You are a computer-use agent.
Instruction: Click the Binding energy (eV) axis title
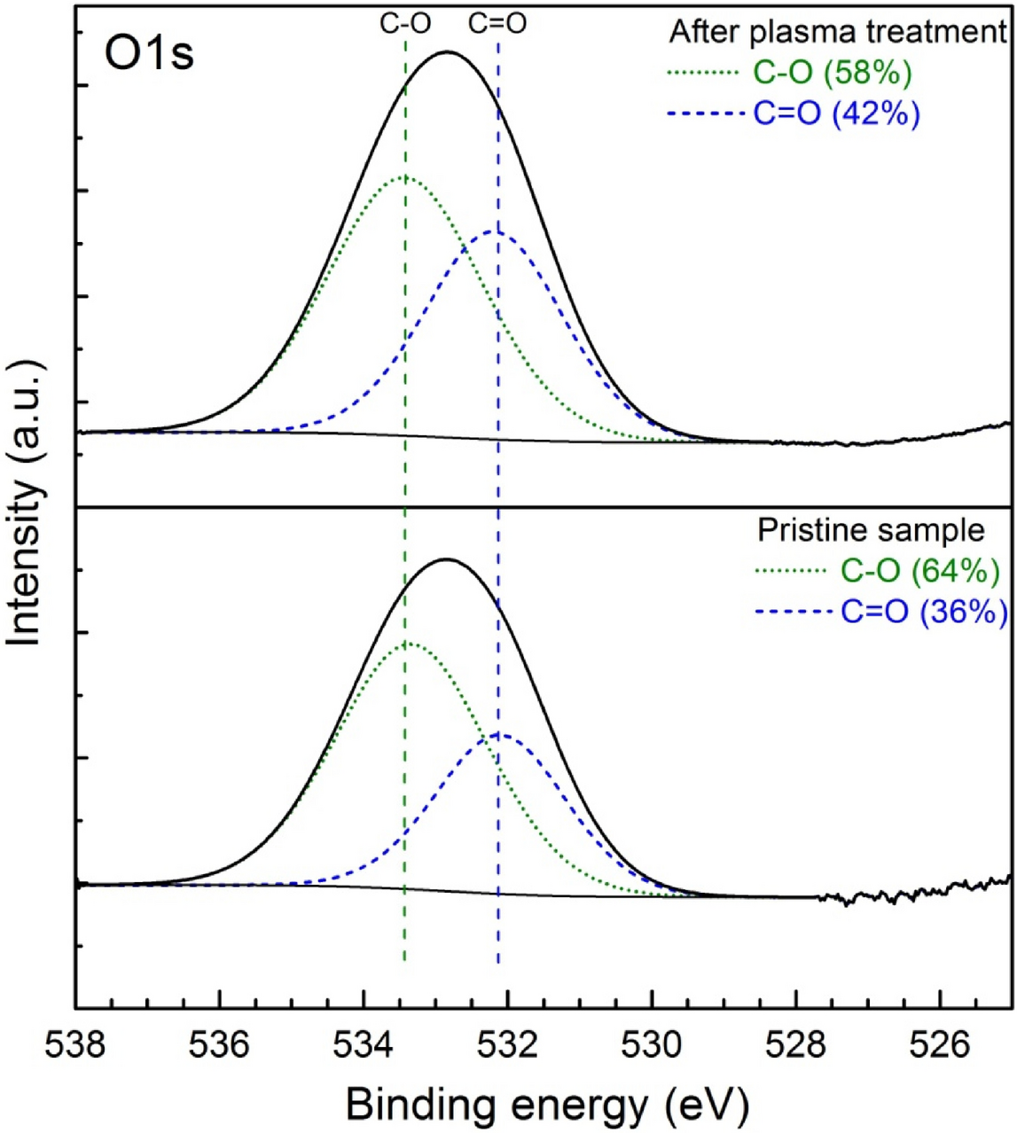point(547,1105)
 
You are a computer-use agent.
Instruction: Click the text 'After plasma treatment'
point(838,33)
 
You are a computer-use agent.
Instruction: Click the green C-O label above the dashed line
point(405,24)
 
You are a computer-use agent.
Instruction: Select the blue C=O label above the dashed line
point(497,24)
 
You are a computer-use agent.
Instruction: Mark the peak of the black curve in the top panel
point(448,52)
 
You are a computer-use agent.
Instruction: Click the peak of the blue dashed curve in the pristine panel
point(499,734)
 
